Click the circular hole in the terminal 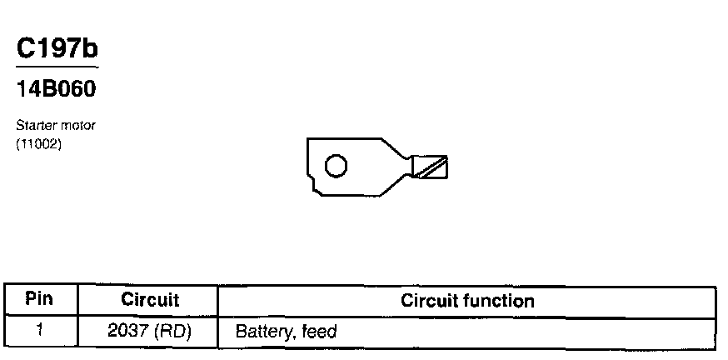pyautogui.click(x=335, y=167)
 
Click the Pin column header pyautogui.click(x=39, y=298)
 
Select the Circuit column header pyautogui.click(x=150, y=299)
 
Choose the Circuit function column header pyautogui.click(x=467, y=300)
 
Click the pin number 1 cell pyautogui.click(x=39, y=330)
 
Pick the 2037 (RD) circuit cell pyautogui.click(x=150, y=331)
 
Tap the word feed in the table pyautogui.click(x=319, y=332)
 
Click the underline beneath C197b pyautogui.click(x=57, y=67)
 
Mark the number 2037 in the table pyautogui.click(x=127, y=331)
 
